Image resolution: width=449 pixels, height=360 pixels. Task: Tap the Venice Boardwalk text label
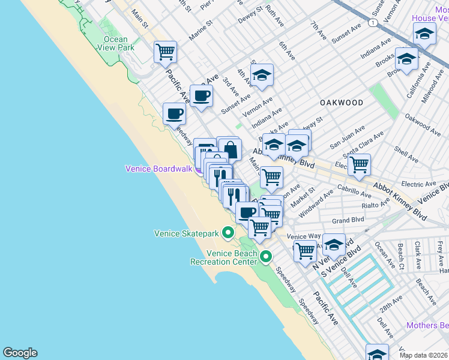point(158,169)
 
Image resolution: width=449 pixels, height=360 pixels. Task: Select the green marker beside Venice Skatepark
point(228,232)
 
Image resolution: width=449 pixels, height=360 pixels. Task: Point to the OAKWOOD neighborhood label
point(342,103)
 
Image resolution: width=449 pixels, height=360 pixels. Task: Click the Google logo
point(20,353)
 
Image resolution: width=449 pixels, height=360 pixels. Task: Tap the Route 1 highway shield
point(373,22)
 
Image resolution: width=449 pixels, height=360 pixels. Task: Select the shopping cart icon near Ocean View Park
point(165,52)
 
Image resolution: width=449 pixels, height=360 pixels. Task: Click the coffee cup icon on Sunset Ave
point(201,95)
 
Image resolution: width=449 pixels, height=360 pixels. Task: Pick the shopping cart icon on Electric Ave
point(359,164)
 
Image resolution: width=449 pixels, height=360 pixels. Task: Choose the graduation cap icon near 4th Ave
point(262,76)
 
